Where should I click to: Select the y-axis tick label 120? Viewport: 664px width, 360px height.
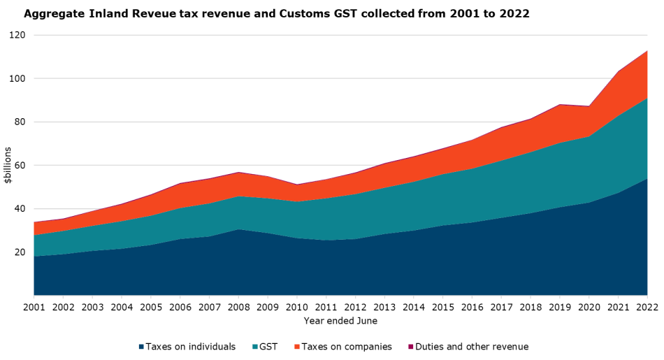pos(17,35)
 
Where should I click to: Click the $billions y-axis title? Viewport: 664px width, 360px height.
pos(8,166)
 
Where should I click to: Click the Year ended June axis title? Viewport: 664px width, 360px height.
pos(340,321)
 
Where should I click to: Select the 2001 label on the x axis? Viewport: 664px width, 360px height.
pos(34,307)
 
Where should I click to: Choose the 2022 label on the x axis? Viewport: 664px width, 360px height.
pos(647,307)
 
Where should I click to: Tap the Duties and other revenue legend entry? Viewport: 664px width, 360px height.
pos(472,347)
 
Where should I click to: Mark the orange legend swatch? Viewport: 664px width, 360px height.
pos(296,347)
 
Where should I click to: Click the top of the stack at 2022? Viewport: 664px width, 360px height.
pos(647,51)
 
